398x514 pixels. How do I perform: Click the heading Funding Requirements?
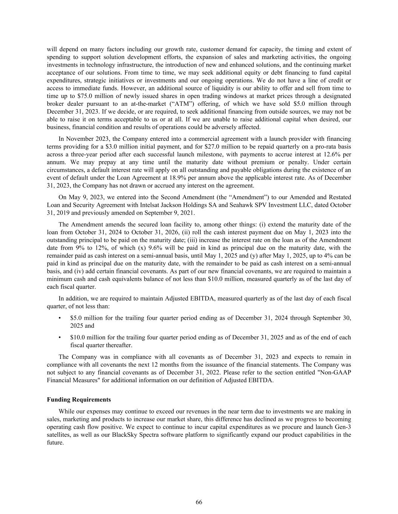[x=79, y=400]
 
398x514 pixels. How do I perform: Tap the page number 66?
[x=199, y=502]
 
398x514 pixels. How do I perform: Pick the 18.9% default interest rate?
[x=183, y=178]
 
